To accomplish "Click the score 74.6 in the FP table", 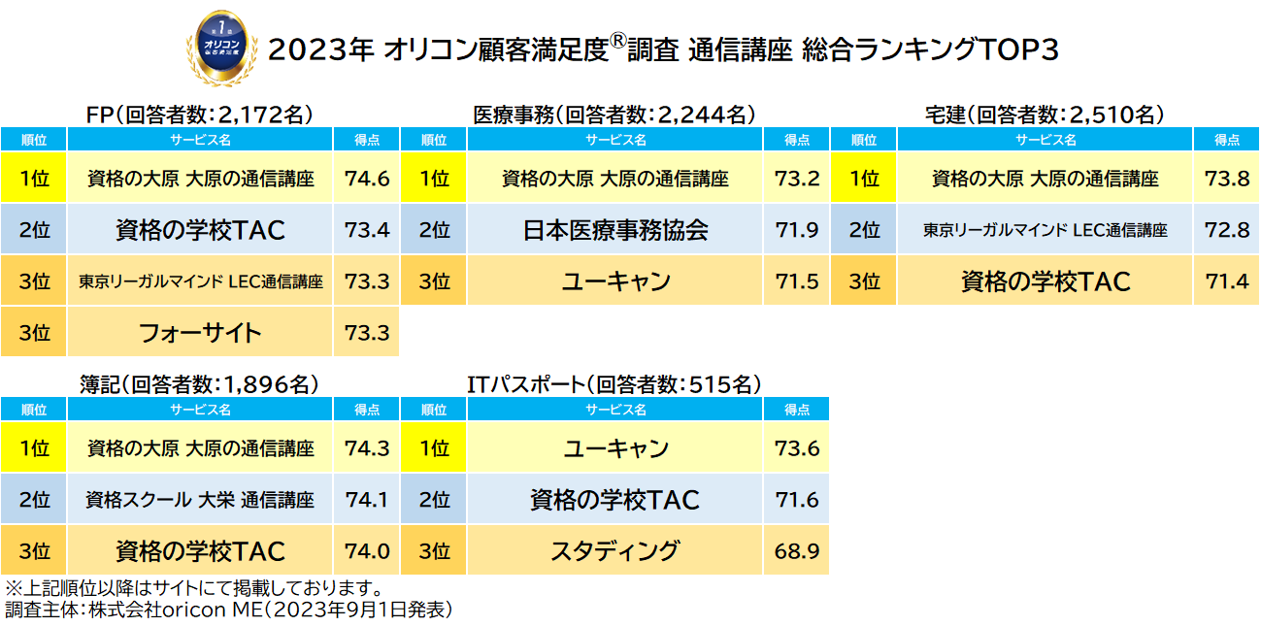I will [x=367, y=179].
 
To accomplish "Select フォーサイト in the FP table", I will [x=200, y=333].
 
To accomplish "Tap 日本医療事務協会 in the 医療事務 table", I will [x=615, y=230].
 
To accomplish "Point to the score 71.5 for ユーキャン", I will [x=797, y=281].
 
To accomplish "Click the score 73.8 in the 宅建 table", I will [x=1227, y=179].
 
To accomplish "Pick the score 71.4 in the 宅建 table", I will [x=1227, y=281].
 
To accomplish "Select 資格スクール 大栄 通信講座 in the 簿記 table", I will [x=200, y=500].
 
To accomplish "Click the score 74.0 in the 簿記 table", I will [x=367, y=551].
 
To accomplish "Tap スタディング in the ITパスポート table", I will [x=615, y=551].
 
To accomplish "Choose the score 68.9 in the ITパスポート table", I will [x=797, y=551].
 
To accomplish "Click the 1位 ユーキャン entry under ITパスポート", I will [x=615, y=448].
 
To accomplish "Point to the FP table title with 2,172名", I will [x=199, y=115].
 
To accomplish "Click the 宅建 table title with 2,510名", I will [x=1045, y=115].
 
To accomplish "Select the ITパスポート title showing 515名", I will [x=614, y=384].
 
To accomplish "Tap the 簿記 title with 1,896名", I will [x=199, y=384].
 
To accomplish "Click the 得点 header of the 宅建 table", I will [x=1227, y=140].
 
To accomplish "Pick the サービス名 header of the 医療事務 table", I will [x=615, y=140].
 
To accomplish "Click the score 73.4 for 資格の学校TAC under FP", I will [x=367, y=230].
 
